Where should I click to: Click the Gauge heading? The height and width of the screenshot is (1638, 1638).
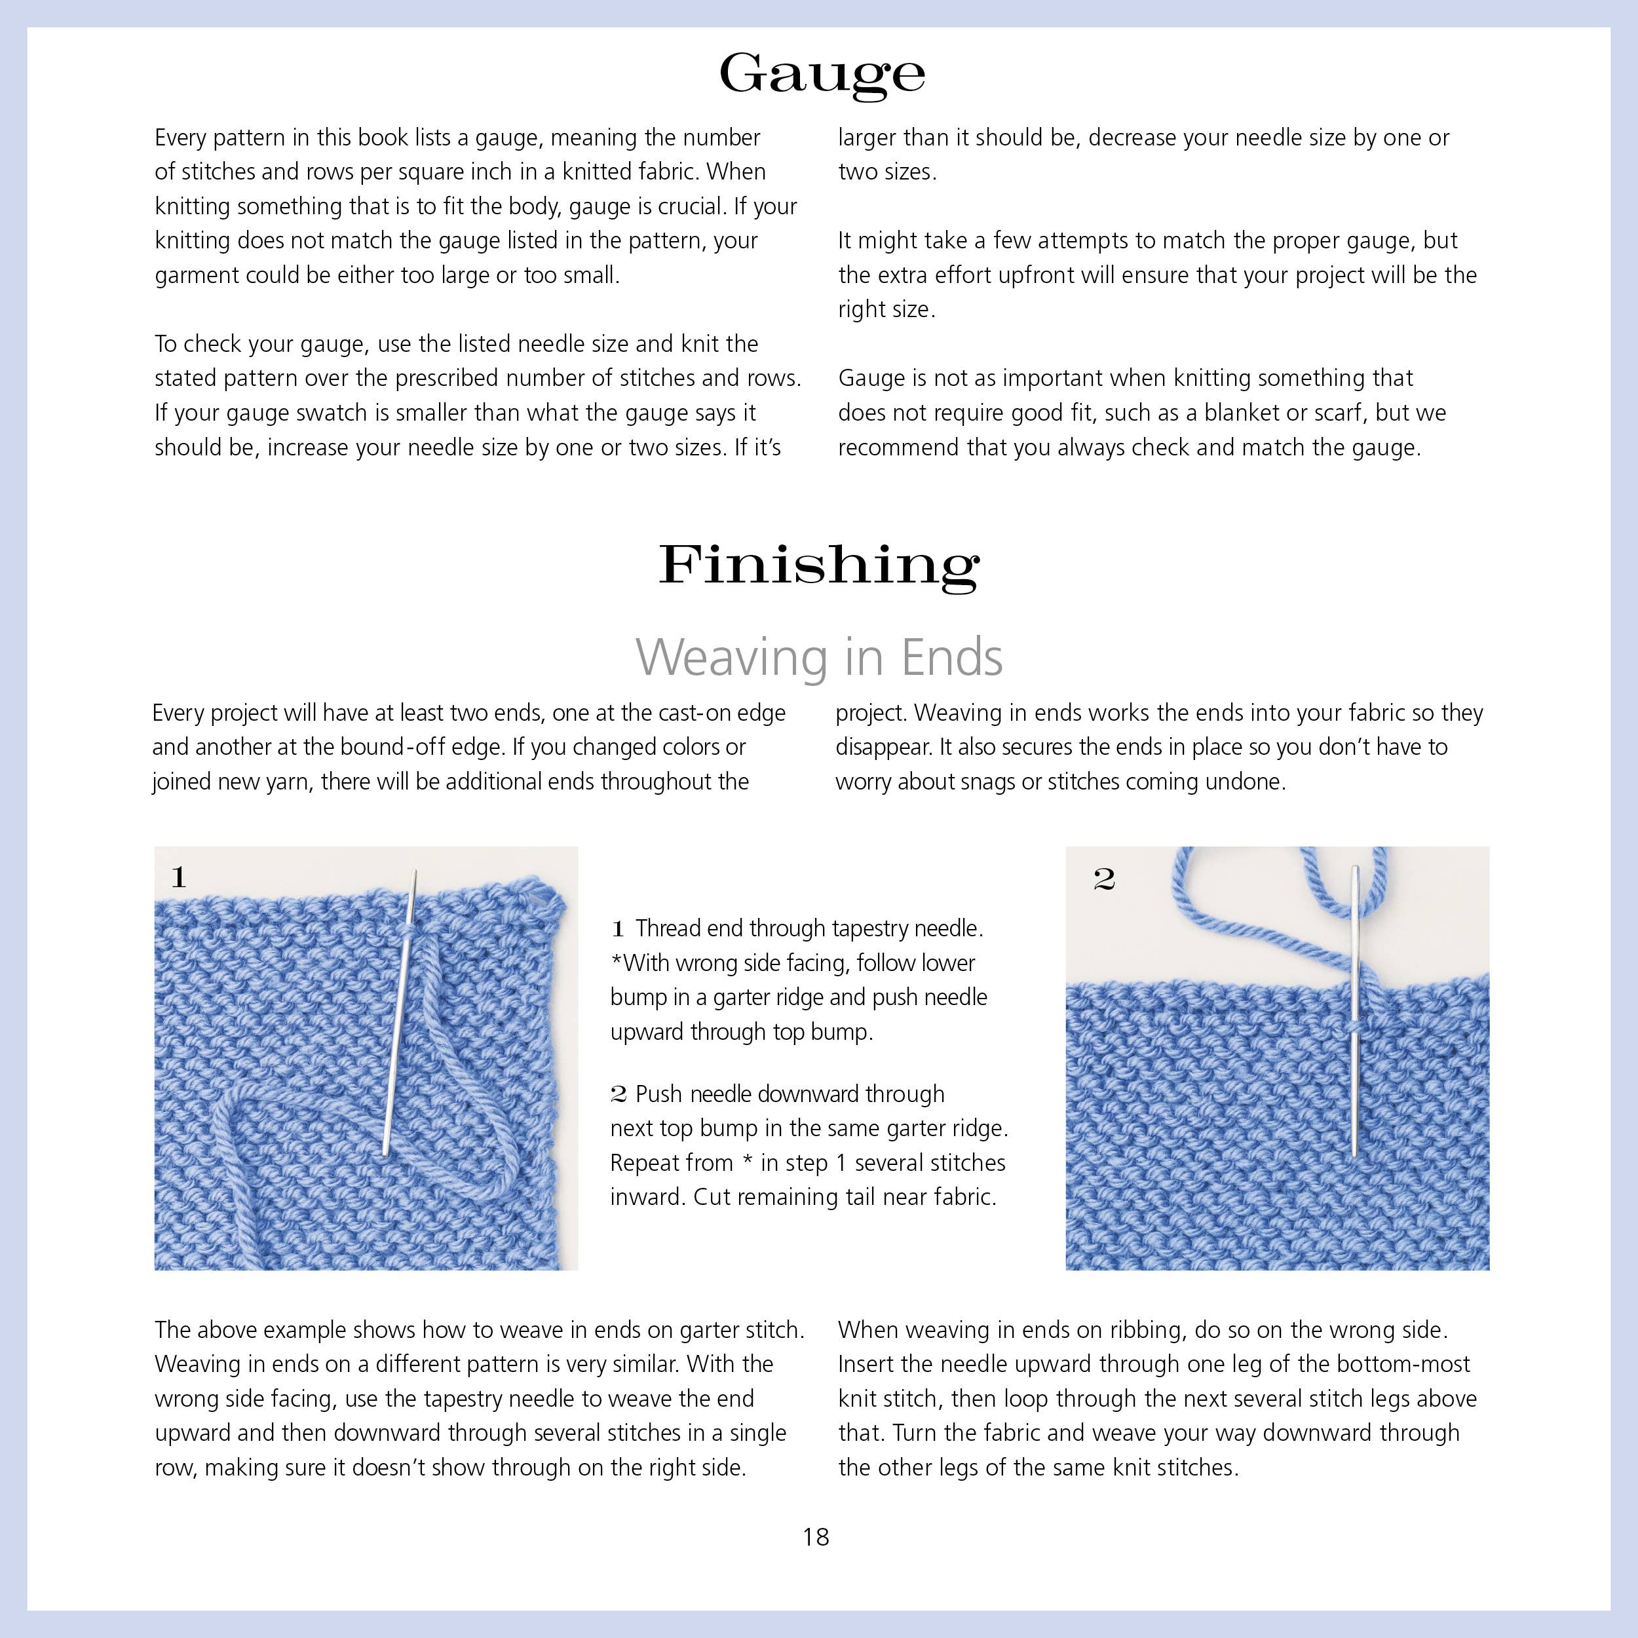pos(821,75)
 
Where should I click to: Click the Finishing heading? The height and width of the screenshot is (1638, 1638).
pos(819,565)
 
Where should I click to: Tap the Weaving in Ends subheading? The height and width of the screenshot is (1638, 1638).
pos(819,657)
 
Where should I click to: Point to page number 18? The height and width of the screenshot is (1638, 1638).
pos(816,1537)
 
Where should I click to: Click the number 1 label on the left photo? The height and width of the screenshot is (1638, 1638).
pos(178,877)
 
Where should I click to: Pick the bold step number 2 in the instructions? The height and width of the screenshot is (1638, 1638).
pos(618,1095)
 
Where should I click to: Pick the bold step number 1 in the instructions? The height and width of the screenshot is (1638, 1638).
pos(618,929)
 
